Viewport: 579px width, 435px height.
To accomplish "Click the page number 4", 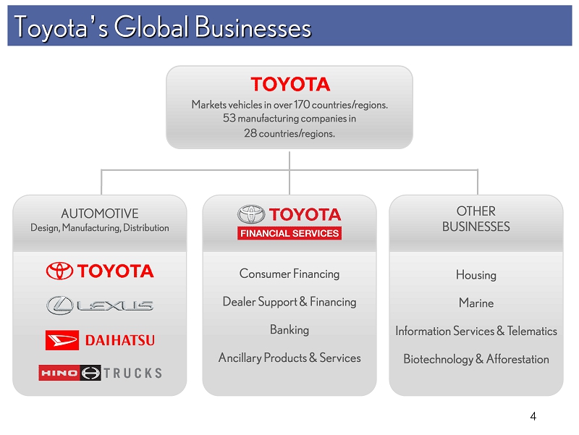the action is (533, 416).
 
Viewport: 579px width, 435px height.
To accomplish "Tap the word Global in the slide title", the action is (151, 27).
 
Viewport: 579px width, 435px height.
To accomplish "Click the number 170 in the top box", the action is (302, 104).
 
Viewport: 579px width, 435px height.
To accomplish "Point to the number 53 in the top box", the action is (229, 118).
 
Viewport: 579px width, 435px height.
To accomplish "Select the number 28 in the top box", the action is (250, 133).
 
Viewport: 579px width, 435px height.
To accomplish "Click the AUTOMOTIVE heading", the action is (100, 214).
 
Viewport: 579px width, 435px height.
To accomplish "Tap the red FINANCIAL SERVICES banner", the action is (289, 233).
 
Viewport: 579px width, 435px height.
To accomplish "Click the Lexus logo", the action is (100, 305).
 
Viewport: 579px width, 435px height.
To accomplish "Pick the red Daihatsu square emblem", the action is (62, 340).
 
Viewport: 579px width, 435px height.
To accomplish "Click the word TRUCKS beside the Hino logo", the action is (132, 373).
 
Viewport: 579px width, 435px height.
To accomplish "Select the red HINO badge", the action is (59, 373).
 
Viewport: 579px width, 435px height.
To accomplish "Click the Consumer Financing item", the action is (289, 274).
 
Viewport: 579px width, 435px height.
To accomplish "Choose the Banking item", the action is (289, 330).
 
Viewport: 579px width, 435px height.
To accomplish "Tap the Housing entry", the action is (476, 275).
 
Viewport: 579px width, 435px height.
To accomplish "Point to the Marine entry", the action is (476, 303).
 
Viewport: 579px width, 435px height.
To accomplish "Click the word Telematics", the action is (532, 331).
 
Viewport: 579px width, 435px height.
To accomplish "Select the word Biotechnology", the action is (439, 359).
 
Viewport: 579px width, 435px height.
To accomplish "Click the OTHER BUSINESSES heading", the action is (476, 219).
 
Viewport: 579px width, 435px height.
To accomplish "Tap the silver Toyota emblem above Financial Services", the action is (251, 214).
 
